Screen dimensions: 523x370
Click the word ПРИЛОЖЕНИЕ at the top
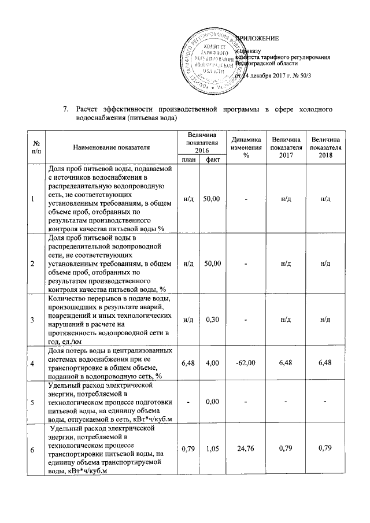pyautogui.click(x=256, y=38)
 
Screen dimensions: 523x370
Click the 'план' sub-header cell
pyautogui.click(x=188, y=160)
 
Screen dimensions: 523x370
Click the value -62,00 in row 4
pyautogui.click(x=245, y=362)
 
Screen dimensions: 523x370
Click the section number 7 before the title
pyautogui.click(x=65, y=108)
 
